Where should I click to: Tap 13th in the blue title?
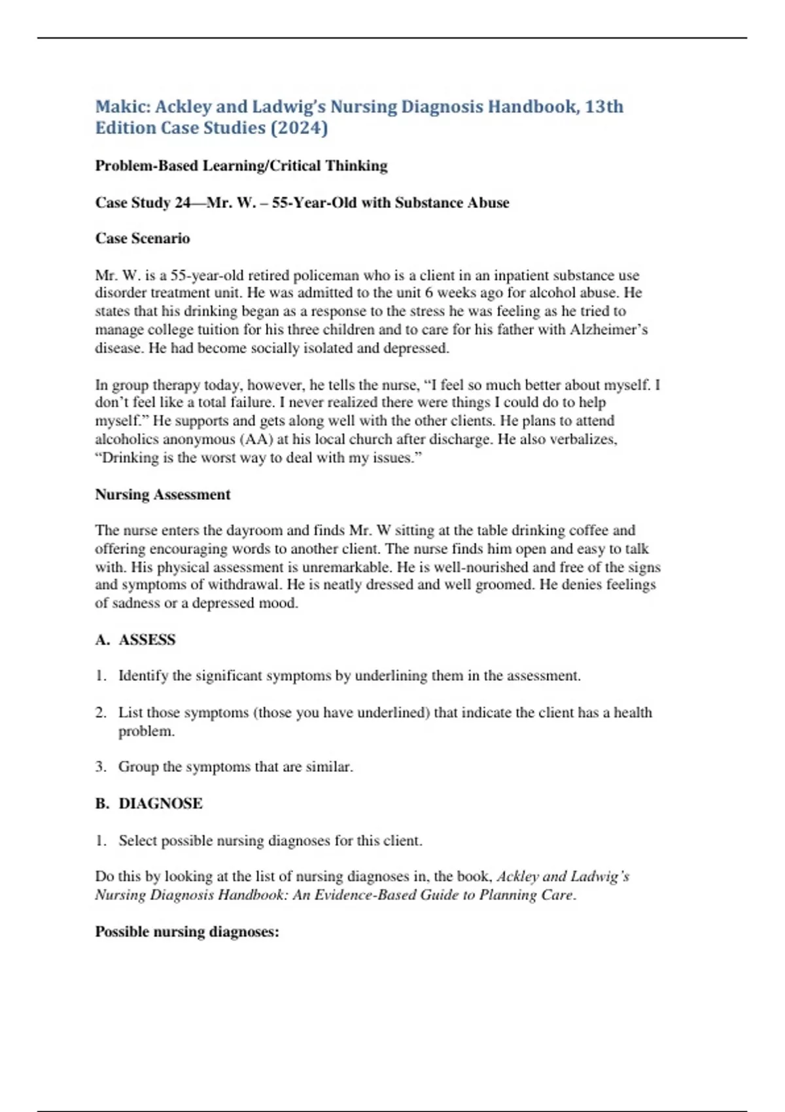604,107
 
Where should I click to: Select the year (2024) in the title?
299,128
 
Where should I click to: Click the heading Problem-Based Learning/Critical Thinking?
241,165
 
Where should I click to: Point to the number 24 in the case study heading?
182,203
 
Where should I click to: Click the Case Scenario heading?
143,238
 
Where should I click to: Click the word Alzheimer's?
608,330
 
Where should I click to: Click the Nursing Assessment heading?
163,495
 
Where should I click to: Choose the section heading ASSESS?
147,640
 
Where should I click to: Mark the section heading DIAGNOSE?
160,803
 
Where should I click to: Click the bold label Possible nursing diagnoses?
187,931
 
